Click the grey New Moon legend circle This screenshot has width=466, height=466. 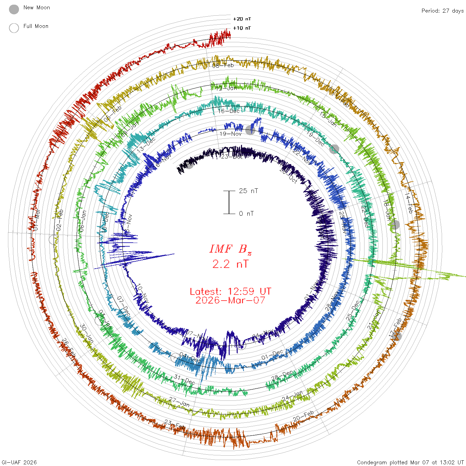pyautogui.click(x=14, y=9)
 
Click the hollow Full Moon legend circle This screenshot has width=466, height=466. pyautogui.click(x=14, y=28)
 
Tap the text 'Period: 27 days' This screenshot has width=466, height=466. pyautogui.click(x=442, y=11)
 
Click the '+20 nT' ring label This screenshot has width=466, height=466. pyautogui.click(x=242, y=19)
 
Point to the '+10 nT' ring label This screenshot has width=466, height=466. pyautogui.click(x=242, y=28)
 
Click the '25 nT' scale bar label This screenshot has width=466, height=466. pyautogui.click(x=248, y=191)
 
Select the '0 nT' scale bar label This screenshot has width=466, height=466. pyautogui.click(x=246, y=213)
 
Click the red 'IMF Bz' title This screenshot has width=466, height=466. pyautogui.click(x=230, y=249)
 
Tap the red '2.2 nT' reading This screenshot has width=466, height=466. pyautogui.click(x=230, y=264)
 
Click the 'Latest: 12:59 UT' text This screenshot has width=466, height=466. pyautogui.click(x=230, y=292)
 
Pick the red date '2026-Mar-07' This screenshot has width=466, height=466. pyautogui.click(x=230, y=300)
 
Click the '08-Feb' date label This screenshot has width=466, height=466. pyautogui.click(x=223, y=66)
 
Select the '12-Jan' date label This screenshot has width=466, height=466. pyautogui.click(x=226, y=89)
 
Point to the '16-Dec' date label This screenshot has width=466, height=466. pyautogui.click(x=229, y=111)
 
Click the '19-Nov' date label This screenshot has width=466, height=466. pyautogui.click(x=230, y=134)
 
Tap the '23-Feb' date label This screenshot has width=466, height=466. pyautogui.click(x=175, y=425)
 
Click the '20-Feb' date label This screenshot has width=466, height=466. pyautogui.click(x=303, y=416)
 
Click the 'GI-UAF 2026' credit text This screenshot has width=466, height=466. pyautogui.click(x=19, y=462)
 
